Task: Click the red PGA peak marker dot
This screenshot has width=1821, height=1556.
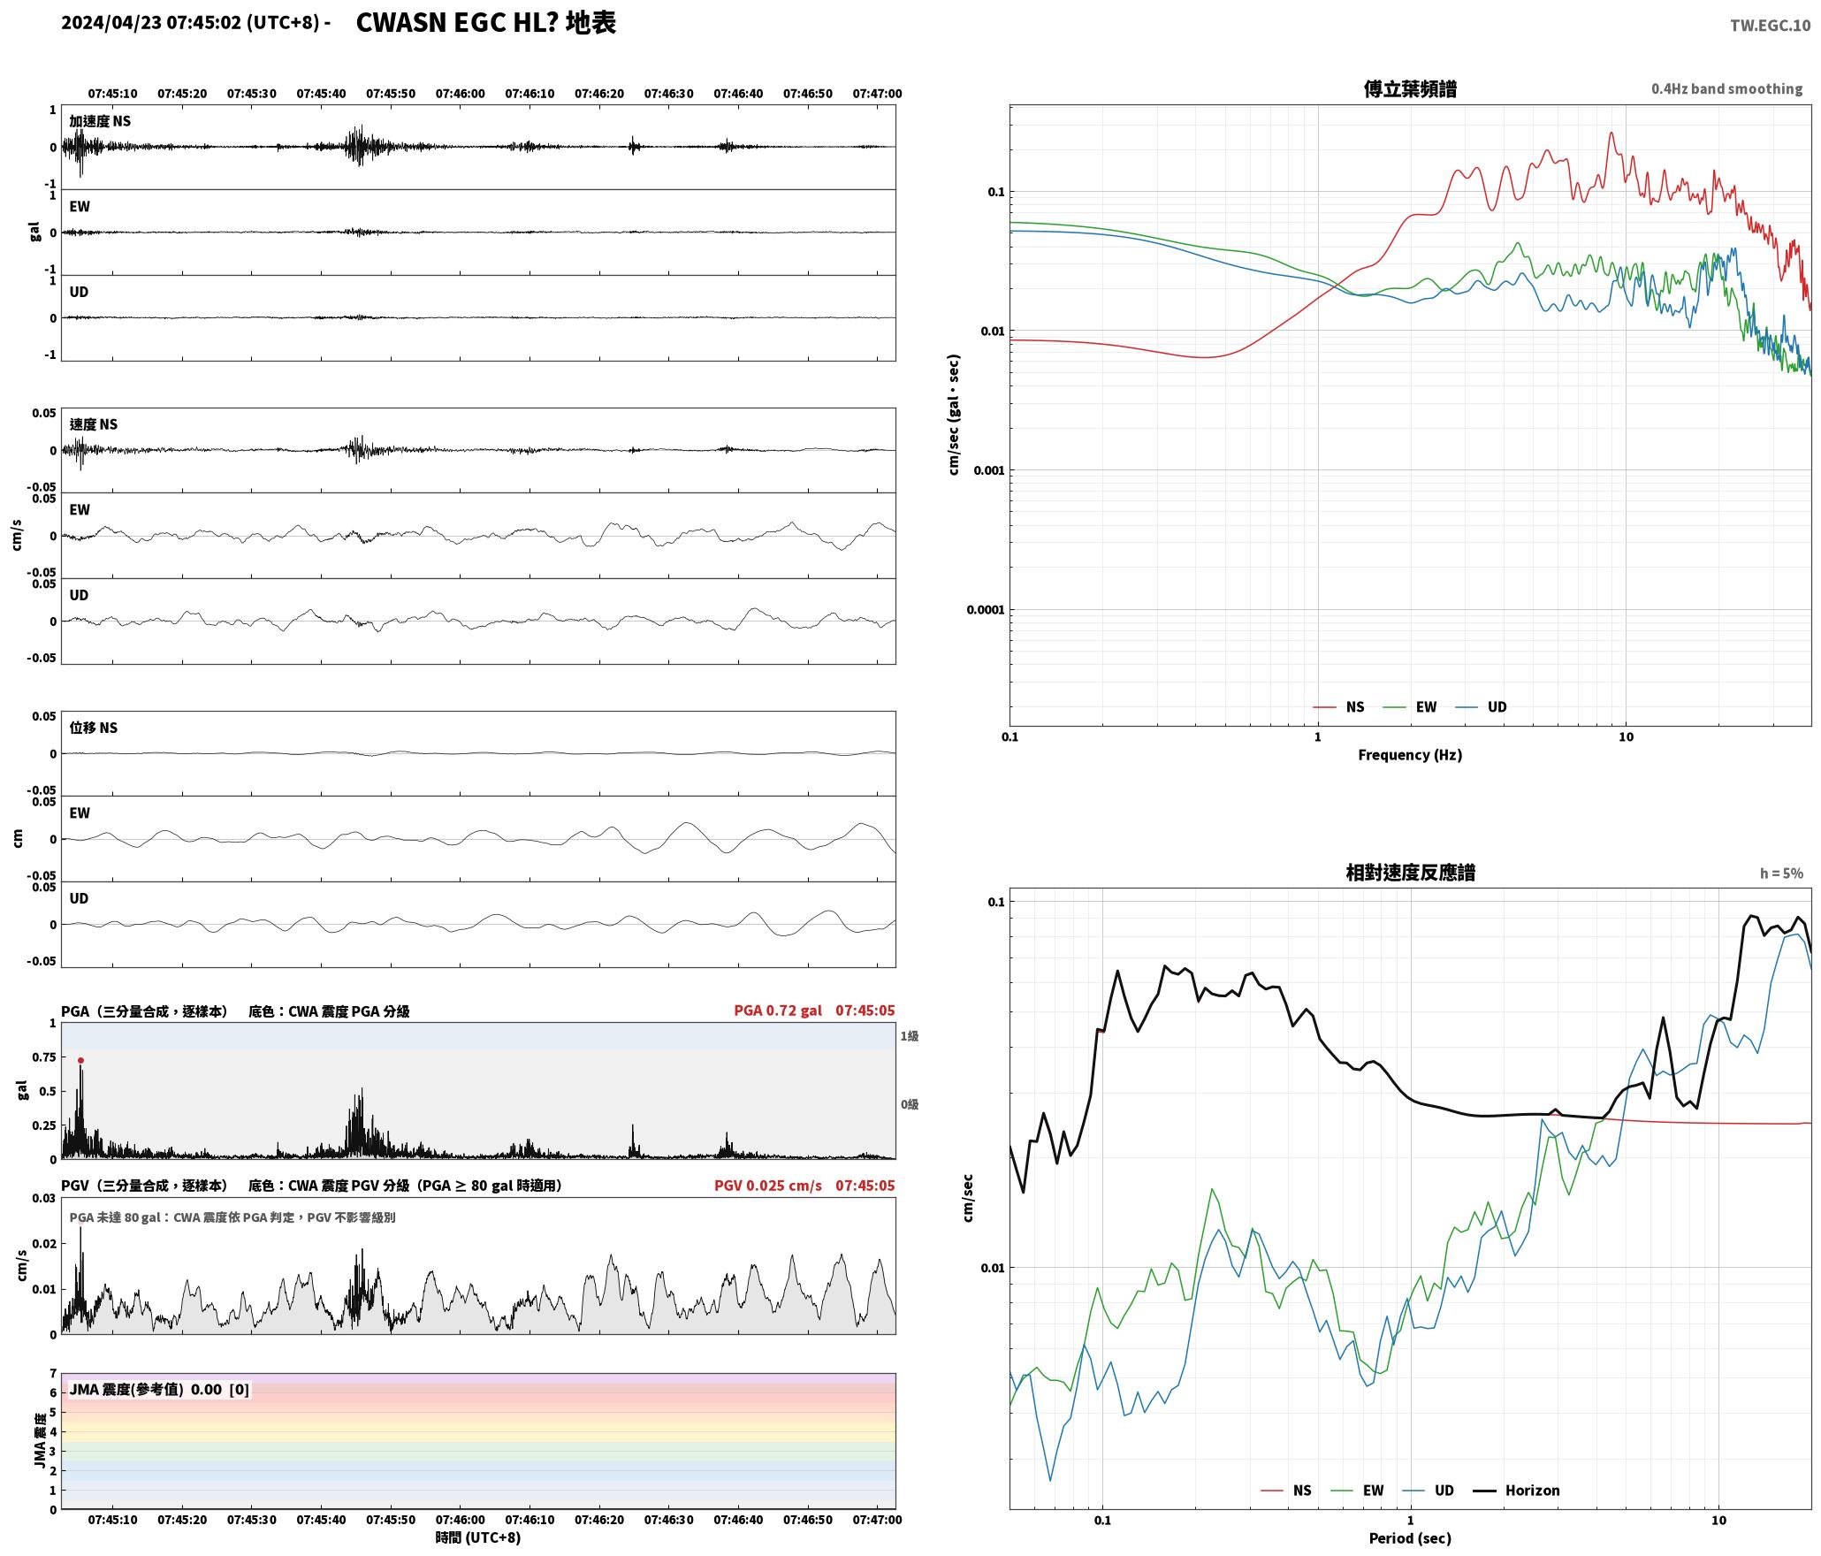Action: (x=80, y=1060)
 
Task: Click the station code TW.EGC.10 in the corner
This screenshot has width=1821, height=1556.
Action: (x=1770, y=26)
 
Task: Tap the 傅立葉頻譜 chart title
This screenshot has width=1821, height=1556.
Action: (x=1410, y=88)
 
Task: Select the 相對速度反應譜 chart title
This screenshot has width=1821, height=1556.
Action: (x=1410, y=872)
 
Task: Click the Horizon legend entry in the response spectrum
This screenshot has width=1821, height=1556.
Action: (x=1517, y=1490)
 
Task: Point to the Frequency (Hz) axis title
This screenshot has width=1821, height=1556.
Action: (x=1410, y=754)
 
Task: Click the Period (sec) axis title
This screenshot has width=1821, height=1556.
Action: (x=1410, y=1537)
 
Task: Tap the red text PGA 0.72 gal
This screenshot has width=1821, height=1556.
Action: (x=778, y=1010)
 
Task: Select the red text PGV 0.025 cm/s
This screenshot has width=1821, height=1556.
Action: (x=768, y=1185)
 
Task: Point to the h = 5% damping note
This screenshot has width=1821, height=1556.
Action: (x=1781, y=873)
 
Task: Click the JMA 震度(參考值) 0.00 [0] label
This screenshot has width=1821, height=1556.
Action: (x=159, y=1389)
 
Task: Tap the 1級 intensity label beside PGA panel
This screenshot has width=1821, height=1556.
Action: (x=910, y=1035)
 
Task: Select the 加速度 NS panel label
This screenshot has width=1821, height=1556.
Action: (x=100, y=120)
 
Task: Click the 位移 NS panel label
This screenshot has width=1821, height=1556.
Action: (x=93, y=727)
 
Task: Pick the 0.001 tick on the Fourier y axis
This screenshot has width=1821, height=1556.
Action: (x=988, y=469)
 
